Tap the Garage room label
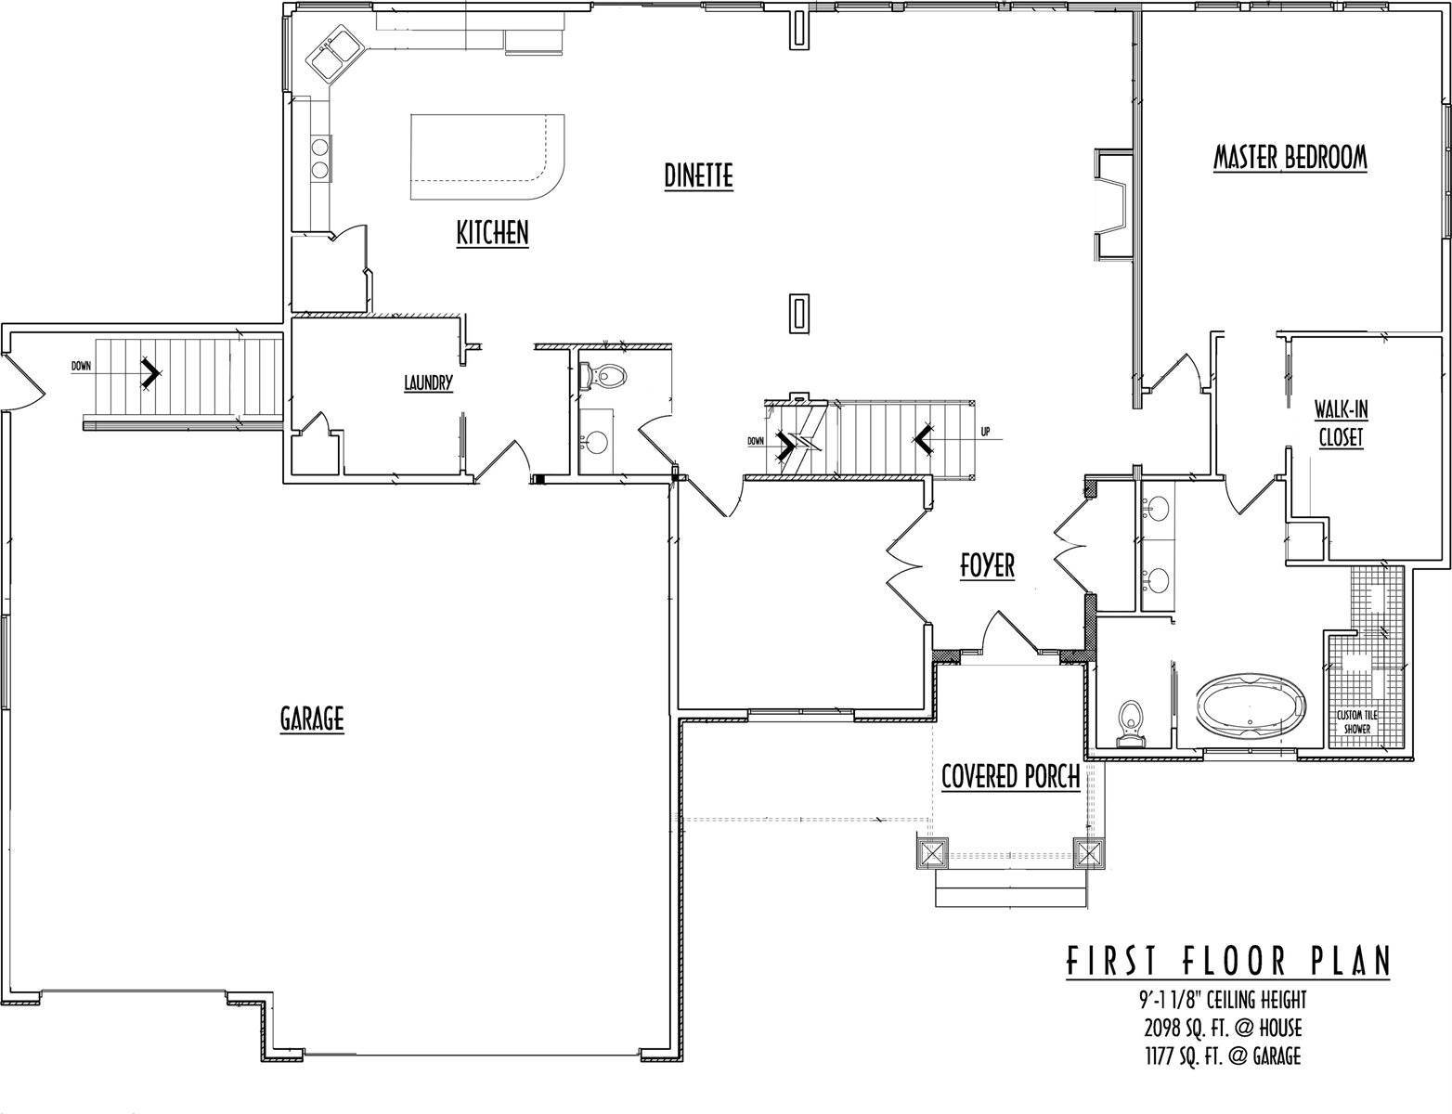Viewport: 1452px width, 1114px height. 312,718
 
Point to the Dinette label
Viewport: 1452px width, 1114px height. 699,175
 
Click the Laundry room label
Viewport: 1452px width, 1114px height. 428,382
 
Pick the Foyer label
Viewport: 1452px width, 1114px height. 987,565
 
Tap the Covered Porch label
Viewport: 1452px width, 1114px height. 1010,776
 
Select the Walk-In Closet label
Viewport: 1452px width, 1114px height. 1341,423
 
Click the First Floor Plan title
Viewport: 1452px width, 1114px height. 1226,962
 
